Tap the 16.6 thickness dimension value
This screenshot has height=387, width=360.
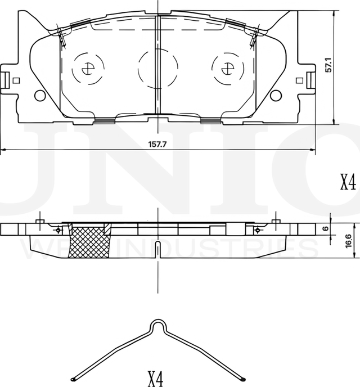[x=349, y=241]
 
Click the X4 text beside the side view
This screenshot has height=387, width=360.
[x=348, y=183]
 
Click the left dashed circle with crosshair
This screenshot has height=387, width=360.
[x=87, y=69]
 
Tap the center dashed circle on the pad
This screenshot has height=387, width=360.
[x=157, y=67]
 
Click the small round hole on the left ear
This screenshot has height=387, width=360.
[x=40, y=96]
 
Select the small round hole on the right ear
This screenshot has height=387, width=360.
[x=275, y=96]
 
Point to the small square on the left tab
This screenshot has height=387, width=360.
[x=16, y=80]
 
